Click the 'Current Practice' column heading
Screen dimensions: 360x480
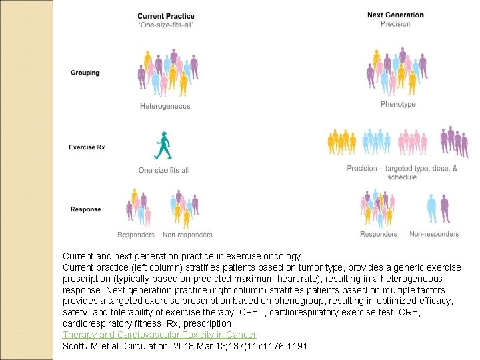coord(166,15)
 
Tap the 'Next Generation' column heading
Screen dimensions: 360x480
coord(395,15)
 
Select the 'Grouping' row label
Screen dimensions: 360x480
coord(85,73)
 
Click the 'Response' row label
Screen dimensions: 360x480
coord(85,209)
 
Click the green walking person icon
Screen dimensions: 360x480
coord(163,147)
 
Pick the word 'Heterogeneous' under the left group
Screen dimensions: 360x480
coord(165,106)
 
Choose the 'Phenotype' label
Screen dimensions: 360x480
coord(398,104)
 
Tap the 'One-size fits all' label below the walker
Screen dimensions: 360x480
coord(163,170)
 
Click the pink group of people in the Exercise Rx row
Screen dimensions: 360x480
coord(413,142)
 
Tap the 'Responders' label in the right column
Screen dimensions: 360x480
coord(378,234)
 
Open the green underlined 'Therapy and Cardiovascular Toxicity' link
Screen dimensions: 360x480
coord(159,335)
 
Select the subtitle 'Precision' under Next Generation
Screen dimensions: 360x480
coord(395,24)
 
